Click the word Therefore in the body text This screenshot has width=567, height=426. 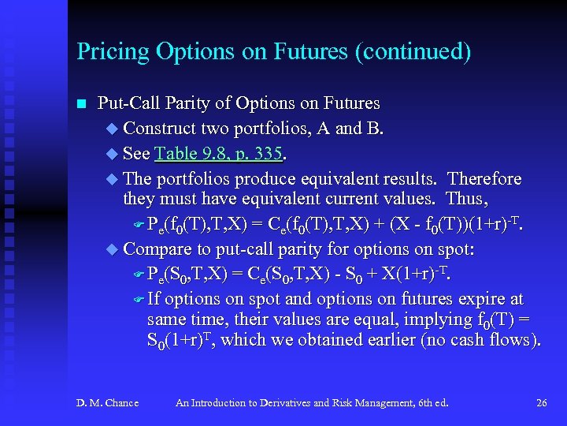(x=484, y=178)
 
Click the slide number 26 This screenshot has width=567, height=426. (x=541, y=403)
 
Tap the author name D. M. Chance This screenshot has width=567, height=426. (x=107, y=403)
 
